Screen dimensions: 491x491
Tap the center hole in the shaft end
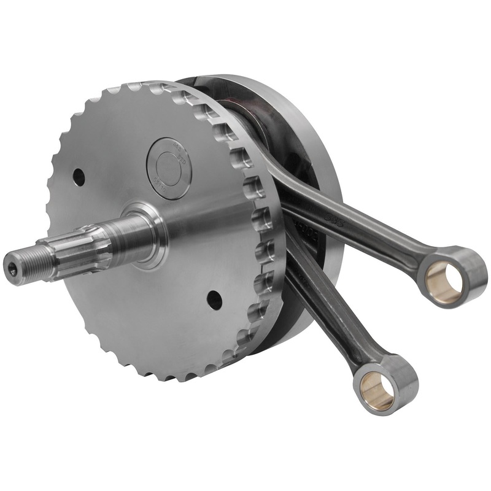[x=14, y=267]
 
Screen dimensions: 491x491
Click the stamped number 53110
[x=161, y=184]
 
